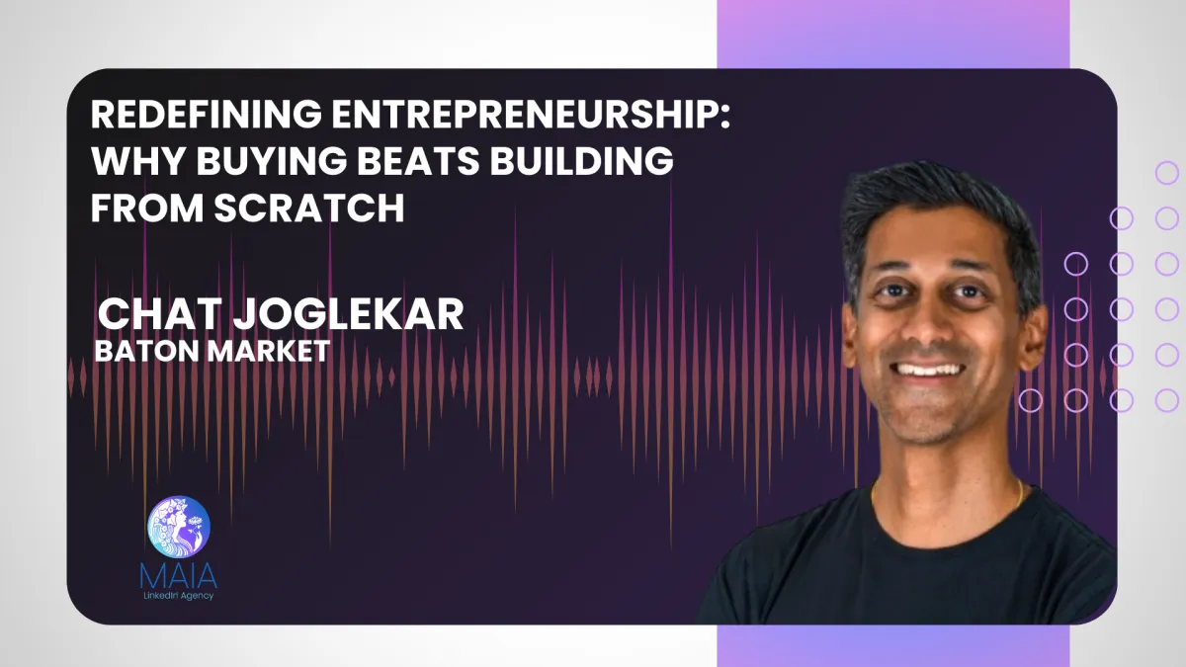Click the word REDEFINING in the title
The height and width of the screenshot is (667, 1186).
(x=202, y=116)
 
